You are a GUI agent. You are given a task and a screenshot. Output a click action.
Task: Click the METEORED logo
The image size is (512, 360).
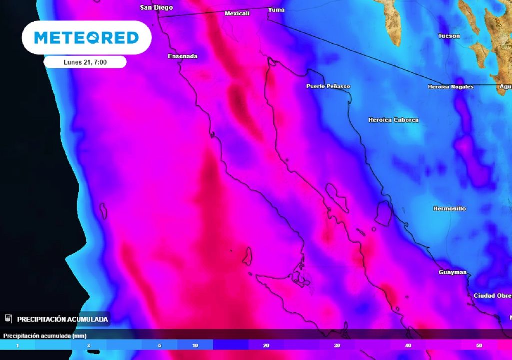86,37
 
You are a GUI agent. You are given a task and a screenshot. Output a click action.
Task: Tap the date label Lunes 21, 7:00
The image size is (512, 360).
85,62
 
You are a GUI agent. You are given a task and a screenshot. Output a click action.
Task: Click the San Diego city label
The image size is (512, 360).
156,7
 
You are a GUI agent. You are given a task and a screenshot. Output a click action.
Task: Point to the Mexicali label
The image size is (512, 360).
237,13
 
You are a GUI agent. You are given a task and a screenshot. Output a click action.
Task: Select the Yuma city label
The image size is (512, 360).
276,10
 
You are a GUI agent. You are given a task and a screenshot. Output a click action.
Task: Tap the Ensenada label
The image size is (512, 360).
182,56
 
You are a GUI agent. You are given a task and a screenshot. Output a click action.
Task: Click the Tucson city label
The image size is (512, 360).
449,36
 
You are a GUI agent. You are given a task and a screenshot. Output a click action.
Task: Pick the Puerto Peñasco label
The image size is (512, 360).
328,86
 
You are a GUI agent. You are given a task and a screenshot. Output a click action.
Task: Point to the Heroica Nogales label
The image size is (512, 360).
450,87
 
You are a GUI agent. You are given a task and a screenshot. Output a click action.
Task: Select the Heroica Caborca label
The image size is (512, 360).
393,120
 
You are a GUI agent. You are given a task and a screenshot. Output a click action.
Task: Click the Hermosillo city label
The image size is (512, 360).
449,208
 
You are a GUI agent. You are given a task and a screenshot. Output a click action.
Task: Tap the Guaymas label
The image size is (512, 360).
452,272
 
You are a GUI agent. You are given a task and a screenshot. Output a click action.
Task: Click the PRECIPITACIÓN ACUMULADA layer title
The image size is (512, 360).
62,319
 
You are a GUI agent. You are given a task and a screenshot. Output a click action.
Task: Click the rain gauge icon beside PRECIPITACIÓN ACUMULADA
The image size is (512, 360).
8,318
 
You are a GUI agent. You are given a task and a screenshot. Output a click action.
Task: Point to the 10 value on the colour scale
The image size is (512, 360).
195,345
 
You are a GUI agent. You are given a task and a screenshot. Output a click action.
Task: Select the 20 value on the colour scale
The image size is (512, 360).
266,345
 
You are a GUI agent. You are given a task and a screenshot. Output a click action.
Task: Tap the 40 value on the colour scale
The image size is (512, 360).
408,345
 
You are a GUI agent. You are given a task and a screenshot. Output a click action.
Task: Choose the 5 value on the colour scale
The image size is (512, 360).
159,345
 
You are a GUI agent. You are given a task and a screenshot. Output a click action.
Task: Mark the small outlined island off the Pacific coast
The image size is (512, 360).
103,211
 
